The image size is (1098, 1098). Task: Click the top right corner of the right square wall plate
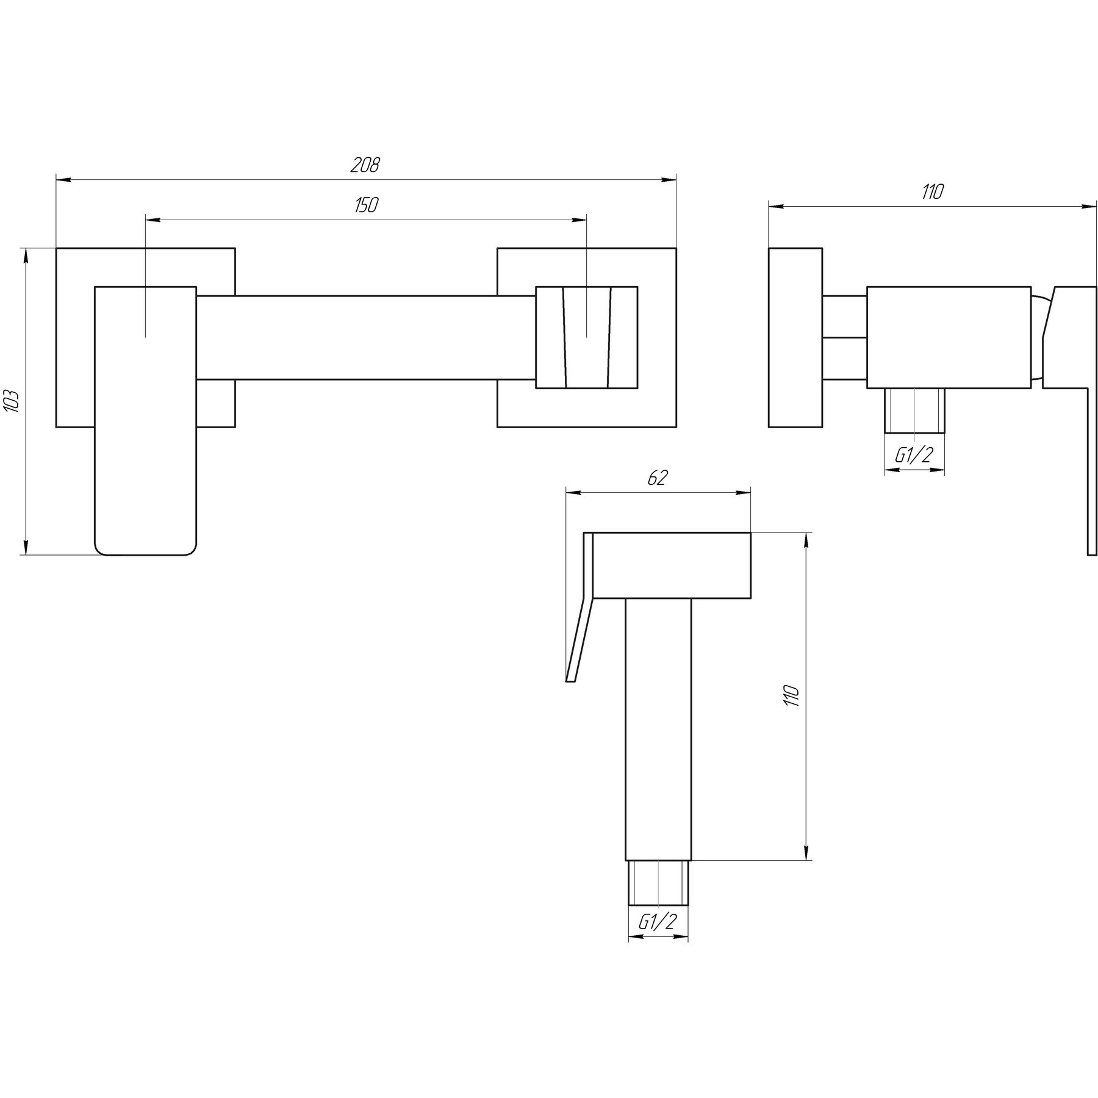(676, 248)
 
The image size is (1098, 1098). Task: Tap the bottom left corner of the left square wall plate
(56, 427)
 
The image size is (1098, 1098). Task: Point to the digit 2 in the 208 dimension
(354, 165)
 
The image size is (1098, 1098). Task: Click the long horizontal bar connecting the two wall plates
(366, 339)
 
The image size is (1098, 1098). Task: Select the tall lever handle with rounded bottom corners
(146, 420)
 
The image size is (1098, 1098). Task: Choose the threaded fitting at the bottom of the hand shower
(658, 883)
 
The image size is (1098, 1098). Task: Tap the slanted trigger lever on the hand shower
(580, 607)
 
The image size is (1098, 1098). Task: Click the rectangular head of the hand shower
(672, 565)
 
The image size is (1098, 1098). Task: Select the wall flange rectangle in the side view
(795, 338)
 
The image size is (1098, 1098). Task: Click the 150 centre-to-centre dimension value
(366, 206)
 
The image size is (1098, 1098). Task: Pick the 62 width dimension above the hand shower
(658, 478)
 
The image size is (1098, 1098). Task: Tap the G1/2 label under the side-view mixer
(914, 455)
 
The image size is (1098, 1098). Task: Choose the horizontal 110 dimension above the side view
(933, 192)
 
